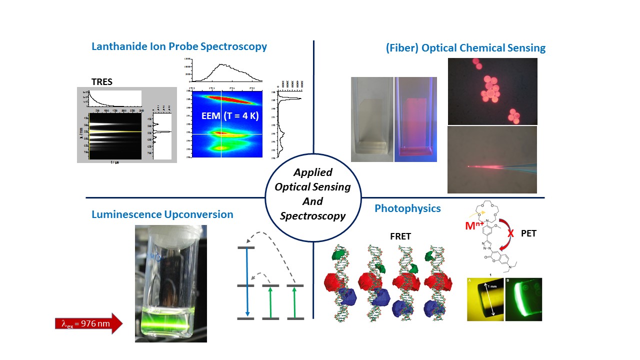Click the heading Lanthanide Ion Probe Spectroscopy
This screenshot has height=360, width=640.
click(179, 46)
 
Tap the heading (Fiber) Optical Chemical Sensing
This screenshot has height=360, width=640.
click(465, 48)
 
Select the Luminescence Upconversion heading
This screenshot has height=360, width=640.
click(162, 214)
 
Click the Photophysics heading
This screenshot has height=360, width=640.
click(407, 208)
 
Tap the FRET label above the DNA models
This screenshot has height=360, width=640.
click(400, 236)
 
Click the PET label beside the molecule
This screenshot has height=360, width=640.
click(528, 233)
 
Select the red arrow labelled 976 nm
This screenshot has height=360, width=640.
click(88, 324)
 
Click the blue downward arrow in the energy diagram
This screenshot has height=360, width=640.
click(247, 283)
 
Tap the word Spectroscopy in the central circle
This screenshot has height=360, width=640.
click(313, 216)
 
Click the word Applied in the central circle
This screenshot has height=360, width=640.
click(313, 172)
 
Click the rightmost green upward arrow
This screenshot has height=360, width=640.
click(295, 302)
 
